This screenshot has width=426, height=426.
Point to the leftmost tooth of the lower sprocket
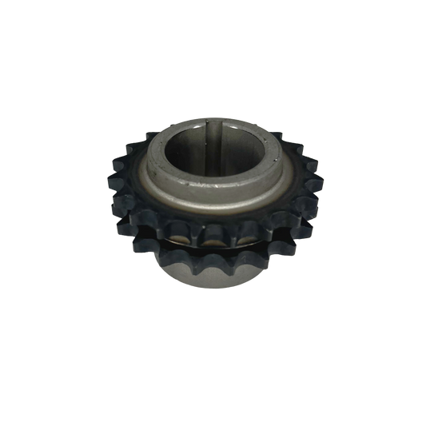pyautogui.click(x=136, y=254)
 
